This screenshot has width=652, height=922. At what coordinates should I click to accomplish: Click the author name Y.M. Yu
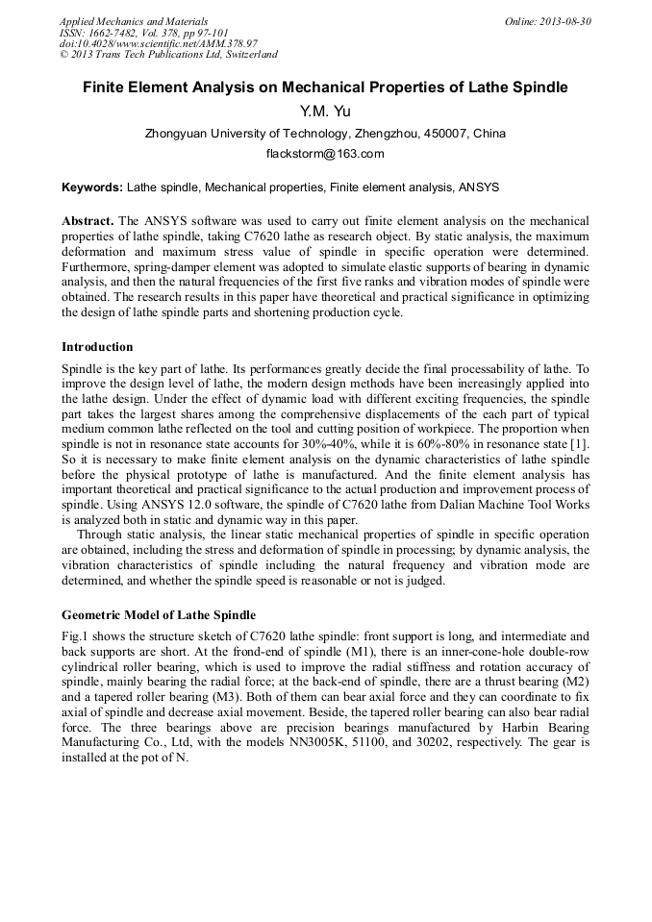[325, 112]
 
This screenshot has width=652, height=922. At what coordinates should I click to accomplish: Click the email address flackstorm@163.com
[325, 154]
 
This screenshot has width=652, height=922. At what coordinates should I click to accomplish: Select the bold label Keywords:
[92, 187]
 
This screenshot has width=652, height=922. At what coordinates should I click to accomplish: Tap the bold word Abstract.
[88, 220]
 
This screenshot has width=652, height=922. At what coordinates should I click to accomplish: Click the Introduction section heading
[97, 347]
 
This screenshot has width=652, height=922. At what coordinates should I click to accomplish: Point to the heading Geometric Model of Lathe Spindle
[159, 614]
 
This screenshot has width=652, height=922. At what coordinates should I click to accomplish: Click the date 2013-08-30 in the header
[567, 21]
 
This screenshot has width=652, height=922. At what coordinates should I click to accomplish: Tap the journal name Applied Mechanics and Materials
[134, 21]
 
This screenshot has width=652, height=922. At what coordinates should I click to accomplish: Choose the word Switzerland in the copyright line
[246, 55]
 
